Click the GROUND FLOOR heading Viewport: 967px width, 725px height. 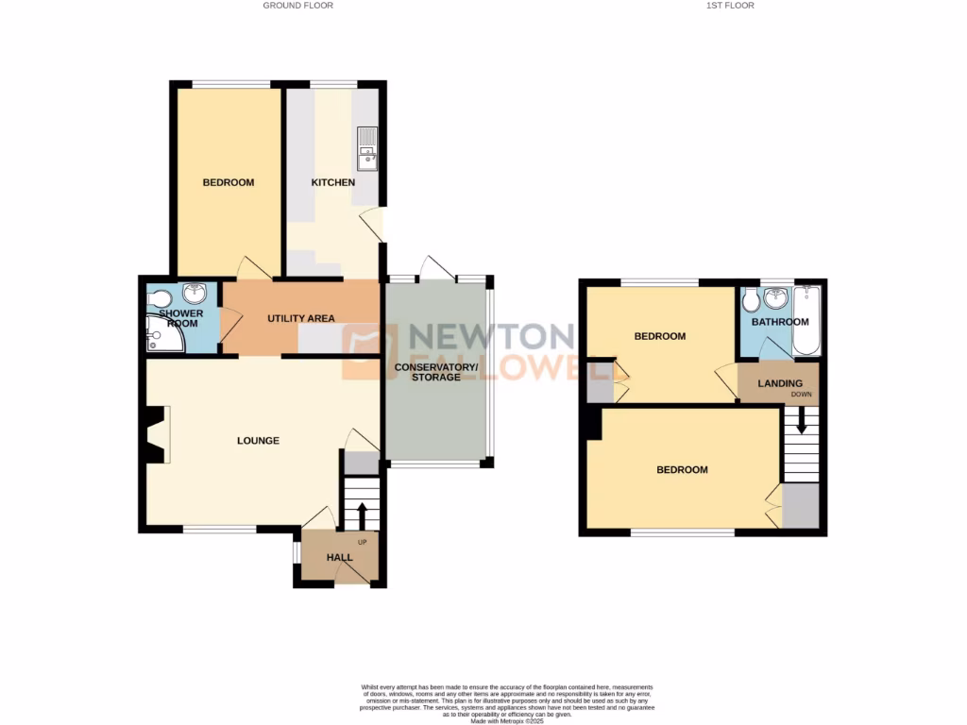click(x=297, y=6)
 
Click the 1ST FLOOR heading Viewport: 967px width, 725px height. click(x=730, y=6)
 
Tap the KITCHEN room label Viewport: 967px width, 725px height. click(x=333, y=182)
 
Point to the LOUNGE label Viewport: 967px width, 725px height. click(x=258, y=440)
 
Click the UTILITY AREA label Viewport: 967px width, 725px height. click(x=301, y=317)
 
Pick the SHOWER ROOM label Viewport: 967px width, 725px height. click(x=179, y=318)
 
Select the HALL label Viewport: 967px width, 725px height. click(x=339, y=558)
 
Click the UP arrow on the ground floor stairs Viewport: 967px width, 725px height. click(x=361, y=515)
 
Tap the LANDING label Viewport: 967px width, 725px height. click(x=779, y=383)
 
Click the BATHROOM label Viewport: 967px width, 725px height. click(x=780, y=322)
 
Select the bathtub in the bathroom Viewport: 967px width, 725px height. click(x=807, y=321)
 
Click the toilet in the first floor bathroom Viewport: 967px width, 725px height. click(x=751, y=302)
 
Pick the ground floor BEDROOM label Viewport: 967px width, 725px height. click(x=229, y=182)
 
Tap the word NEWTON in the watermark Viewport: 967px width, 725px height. click(x=489, y=337)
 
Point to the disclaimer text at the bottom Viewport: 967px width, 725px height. click(x=507, y=702)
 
